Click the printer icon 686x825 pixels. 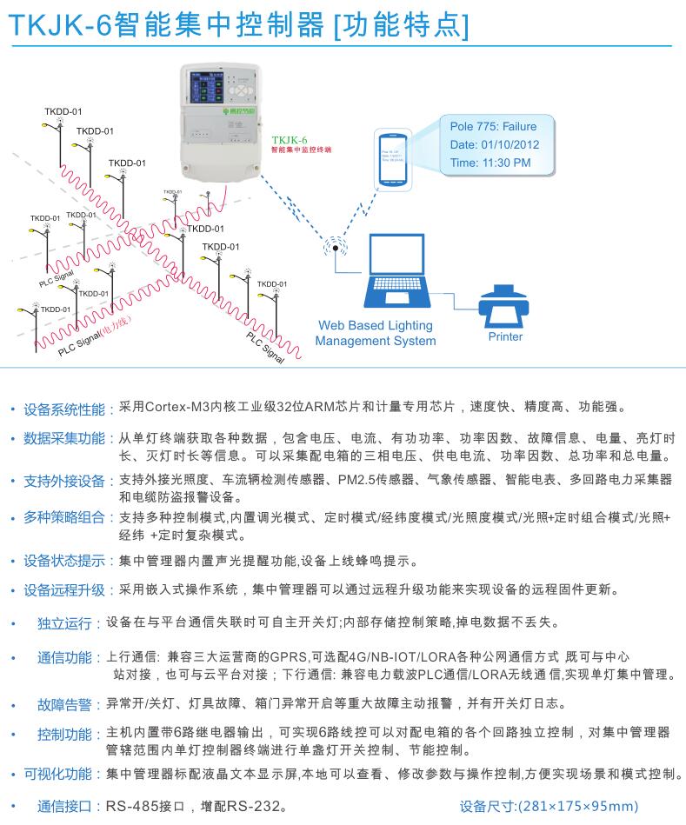[x=504, y=305]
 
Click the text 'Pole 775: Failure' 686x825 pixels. [x=493, y=127]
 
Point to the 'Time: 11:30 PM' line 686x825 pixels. [x=490, y=163]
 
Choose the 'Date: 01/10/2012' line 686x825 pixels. [x=494, y=145]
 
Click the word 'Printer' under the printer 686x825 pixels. [x=505, y=336]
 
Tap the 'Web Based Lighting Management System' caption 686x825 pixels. [x=376, y=333]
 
